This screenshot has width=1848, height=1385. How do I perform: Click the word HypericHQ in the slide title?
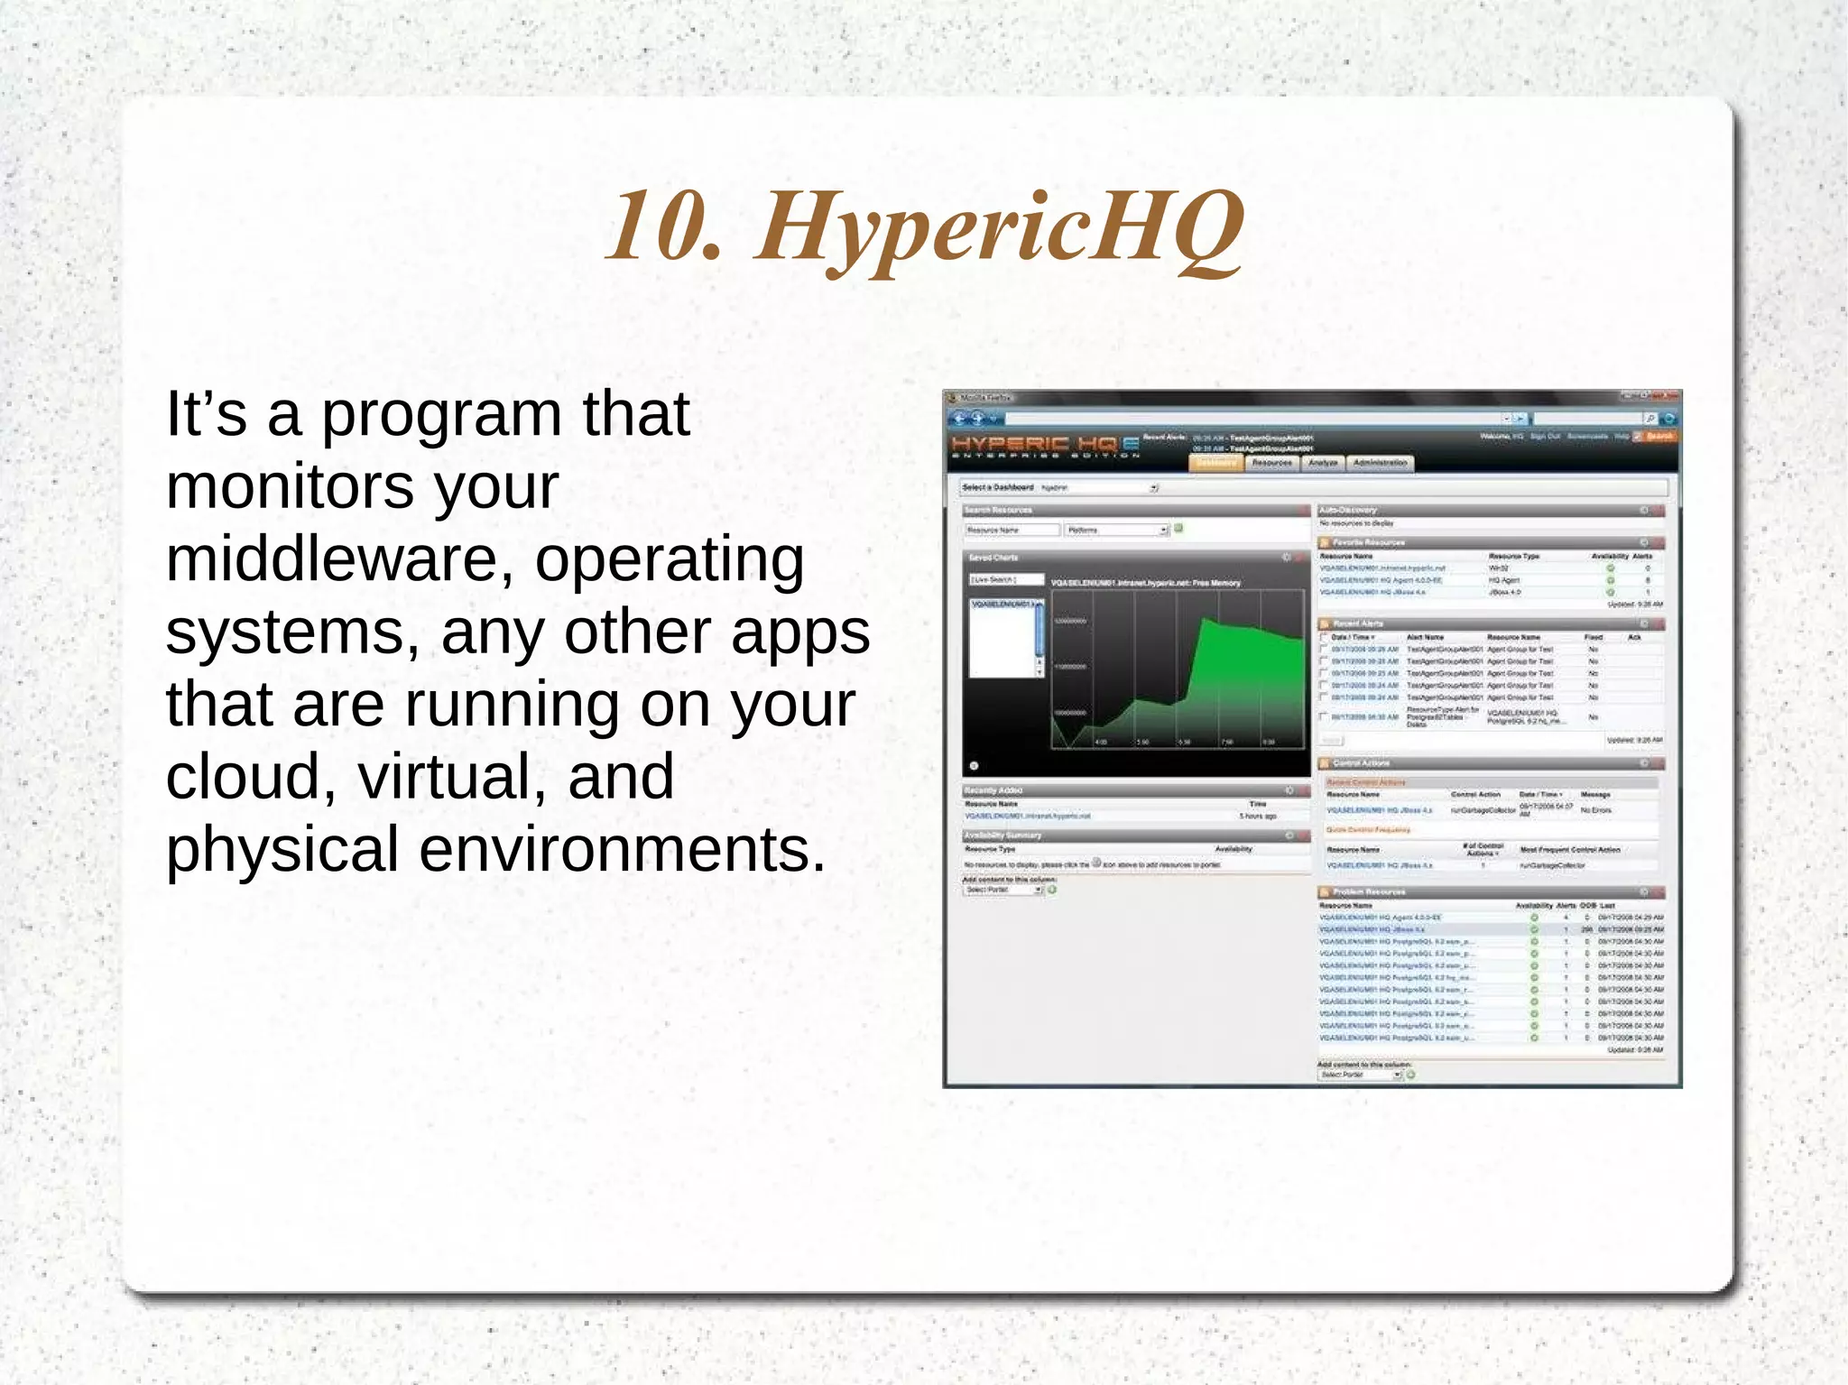click(x=1000, y=227)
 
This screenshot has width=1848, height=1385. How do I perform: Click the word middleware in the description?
click(x=329, y=559)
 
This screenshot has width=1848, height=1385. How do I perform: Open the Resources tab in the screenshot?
click(x=1271, y=463)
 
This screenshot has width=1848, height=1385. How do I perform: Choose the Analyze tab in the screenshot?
click(x=1323, y=463)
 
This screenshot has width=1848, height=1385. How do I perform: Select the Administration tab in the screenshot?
click(x=1380, y=463)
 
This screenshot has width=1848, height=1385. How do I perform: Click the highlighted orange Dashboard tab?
click(x=1216, y=463)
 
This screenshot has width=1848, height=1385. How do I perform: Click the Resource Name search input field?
click(x=1012, y=530)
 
